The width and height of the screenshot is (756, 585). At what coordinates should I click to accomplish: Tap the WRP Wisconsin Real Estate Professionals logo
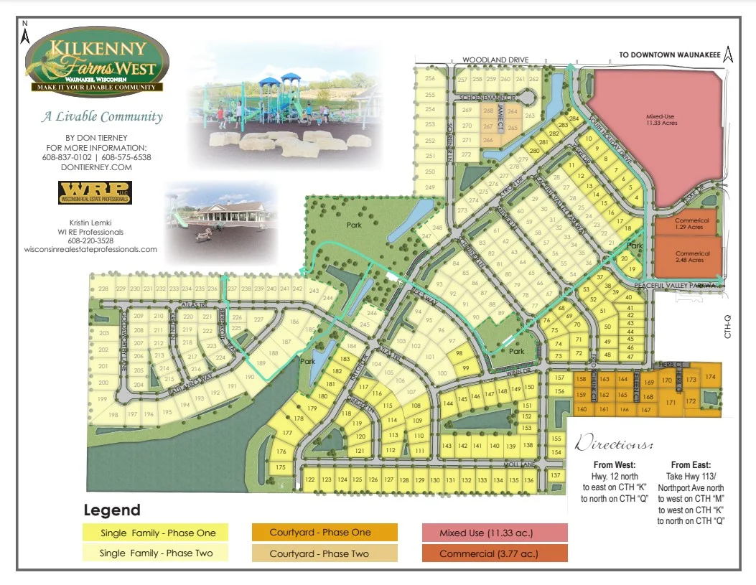[x=94, y=192]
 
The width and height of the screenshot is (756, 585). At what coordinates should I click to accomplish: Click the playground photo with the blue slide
[x=284, y=113]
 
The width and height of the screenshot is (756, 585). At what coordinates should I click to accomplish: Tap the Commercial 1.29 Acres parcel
[x=692, y=224]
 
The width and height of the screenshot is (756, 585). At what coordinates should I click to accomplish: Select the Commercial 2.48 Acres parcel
[x=692, y=256]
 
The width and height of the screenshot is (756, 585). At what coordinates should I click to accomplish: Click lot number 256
[x=430, y=79]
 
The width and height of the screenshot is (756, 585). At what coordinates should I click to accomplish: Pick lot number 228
[x=104, y=289]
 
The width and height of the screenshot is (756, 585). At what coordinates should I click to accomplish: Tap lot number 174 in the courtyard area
[x=710, y=378]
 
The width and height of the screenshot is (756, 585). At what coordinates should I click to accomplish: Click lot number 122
[x=310, y=479]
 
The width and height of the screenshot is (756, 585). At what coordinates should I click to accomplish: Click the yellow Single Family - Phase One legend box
[x=155, y=533]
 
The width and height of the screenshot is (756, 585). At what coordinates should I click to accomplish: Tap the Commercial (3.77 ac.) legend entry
[x=494, y=553]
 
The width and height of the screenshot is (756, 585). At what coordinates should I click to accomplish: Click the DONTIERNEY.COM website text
[x=96, y=167]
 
